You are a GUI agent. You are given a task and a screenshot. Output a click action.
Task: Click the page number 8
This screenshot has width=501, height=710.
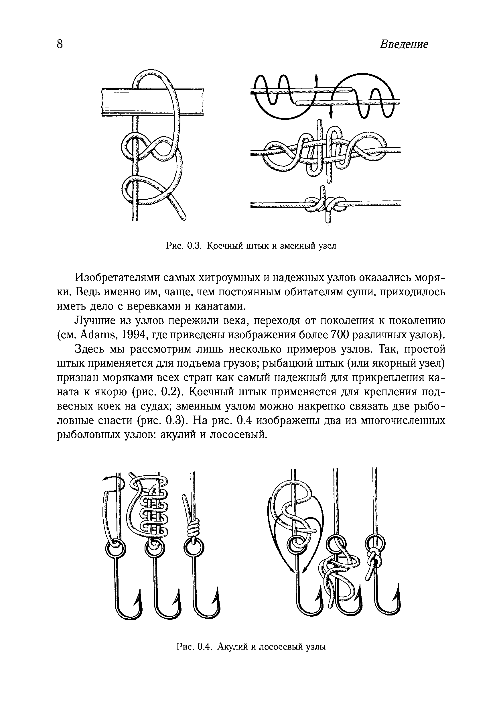(x=60, y=44)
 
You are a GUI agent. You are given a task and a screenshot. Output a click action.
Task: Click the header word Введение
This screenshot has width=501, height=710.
(x=404, y=44)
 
